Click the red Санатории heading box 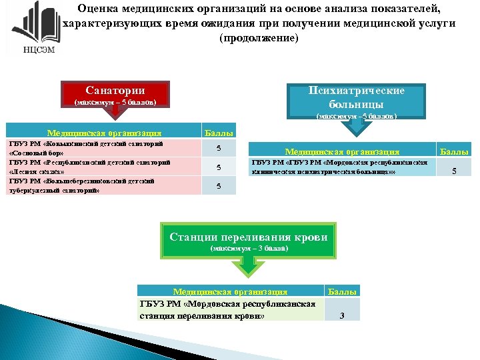point(115,95)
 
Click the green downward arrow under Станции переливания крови point(248,265)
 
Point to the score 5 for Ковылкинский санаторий point(219,147)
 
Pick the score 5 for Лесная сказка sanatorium point(219,167)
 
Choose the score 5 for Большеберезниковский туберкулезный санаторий point(219,185)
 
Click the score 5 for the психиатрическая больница point(455,171)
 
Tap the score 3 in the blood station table point(341,315)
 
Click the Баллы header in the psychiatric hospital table point(454,152)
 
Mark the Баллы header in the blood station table point(343,291)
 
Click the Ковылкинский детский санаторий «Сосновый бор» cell point(100,147)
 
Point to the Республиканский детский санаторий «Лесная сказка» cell point(100,166)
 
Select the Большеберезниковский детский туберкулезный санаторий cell point(100,185)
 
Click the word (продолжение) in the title point(259,38)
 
